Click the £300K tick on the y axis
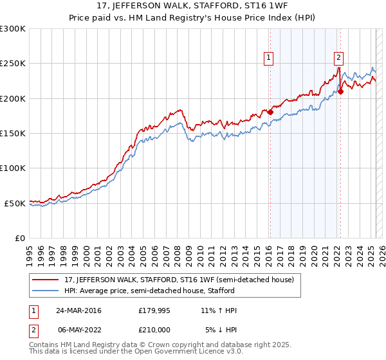pos(12,29)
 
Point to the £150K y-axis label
pos(12,134)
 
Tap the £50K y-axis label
pos(15,203)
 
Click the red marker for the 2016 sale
pos(271,113)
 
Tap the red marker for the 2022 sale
pos(341,92)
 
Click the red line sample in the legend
pos(46,280)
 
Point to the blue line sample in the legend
pos(46,291)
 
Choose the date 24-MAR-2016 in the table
pos(78,310)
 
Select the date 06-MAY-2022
pos(78,330)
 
